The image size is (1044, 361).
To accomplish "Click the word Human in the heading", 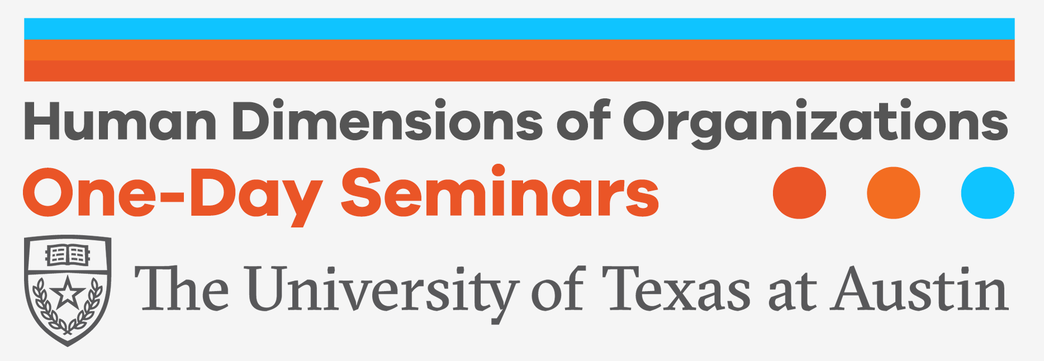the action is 120,121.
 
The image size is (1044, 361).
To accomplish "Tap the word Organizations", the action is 815,124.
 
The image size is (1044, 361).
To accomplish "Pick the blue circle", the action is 988,193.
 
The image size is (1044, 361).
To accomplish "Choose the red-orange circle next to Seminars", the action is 799,193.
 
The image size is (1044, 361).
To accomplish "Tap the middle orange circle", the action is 894,193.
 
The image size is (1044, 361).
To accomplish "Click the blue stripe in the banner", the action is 519,29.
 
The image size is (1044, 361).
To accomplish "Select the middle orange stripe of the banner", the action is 519,50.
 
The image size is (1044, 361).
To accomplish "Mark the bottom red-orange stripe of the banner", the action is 519,71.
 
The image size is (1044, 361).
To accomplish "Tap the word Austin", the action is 920,289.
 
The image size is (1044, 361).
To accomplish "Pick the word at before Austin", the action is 792,293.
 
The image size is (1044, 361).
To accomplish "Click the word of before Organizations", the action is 583,120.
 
